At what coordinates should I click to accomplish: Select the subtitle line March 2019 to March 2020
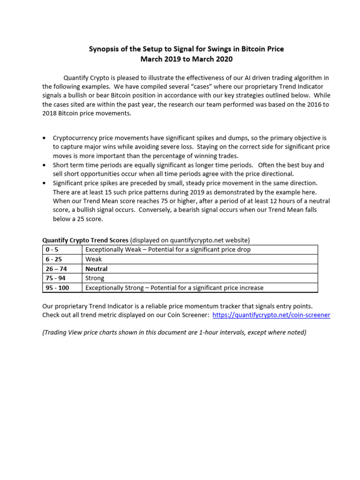pos(186,59)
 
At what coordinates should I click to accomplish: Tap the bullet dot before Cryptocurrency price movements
pos(44,138)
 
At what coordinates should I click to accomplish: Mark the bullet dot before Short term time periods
pos(44,165)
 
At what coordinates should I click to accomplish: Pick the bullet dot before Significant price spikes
pos(44,183)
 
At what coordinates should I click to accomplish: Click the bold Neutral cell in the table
pos(96,269)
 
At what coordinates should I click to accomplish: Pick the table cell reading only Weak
pos(93,259)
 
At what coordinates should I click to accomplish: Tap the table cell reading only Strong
pos(95,278)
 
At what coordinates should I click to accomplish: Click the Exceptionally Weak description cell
pos(168,249)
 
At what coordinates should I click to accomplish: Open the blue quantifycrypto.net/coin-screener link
pos(271,315)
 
